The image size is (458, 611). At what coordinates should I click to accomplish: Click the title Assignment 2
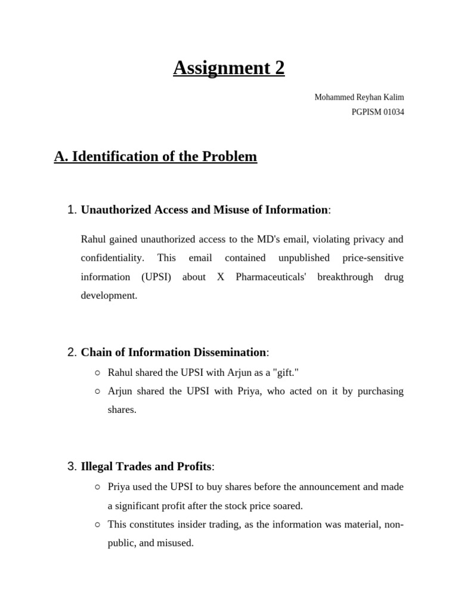pyautogui.click(x=229, y=69)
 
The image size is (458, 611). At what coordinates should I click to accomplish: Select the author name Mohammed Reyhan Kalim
pyautogui.click(x=359, y=97)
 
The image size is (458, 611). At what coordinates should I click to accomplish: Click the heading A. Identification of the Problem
pyautogui.click(x=156, y=157)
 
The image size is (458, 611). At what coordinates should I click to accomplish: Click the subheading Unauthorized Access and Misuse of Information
pyautogui.click(x=204, y=209)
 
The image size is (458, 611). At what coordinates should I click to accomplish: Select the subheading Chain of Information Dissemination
pyautogui.click(x=174, y=352)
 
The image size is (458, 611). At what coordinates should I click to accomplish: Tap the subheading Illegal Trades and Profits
pyautogui.click(x=146, y=466)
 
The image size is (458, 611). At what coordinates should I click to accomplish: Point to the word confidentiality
pyautogui.click(x=112, y=258)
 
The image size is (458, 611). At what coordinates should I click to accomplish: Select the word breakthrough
pyautogui.click(x=345, y=277)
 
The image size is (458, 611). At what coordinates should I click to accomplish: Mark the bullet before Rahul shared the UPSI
pyautogui.click(x=97, y=372)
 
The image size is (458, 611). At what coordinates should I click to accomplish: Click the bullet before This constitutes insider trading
pyautogui.click(x=97, y=524)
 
